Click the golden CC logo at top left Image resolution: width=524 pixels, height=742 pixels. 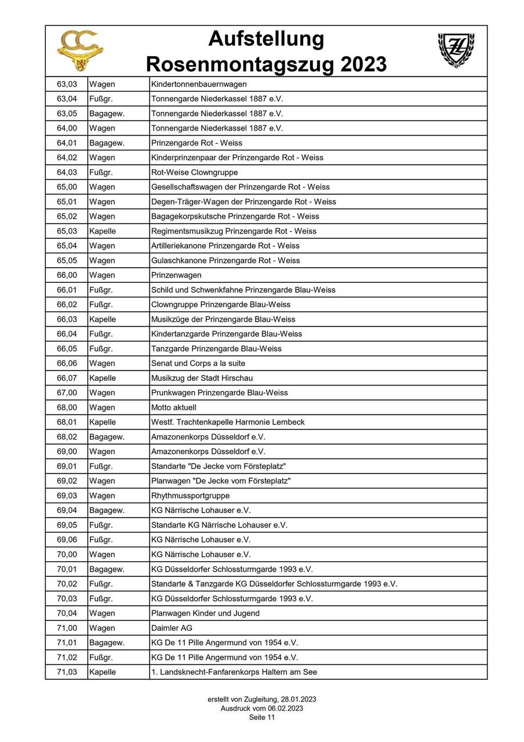coord(80,50)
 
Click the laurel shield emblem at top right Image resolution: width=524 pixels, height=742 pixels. coord(455,50)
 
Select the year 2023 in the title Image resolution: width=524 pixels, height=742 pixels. coord(361,63)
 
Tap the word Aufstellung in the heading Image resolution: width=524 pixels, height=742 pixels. coord(266,39)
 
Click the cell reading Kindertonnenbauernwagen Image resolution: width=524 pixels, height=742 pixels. coord(199,84)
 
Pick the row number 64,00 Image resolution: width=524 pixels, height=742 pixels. coord(66,128)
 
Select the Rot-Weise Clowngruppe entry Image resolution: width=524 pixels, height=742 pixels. coord(194,172)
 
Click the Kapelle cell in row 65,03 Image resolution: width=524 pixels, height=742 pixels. coord(103,231)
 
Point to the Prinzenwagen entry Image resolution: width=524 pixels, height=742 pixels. coord(176,275)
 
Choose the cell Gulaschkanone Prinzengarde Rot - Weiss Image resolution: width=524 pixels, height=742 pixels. coord(225,260)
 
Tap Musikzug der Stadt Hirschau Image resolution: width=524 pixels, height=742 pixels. coord(202,378)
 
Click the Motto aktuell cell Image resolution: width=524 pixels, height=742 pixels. coord(174,408)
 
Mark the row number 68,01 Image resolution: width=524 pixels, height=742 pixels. coord(66,422)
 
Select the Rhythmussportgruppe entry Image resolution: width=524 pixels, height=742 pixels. coord(190,496)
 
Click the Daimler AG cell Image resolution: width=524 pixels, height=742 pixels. coord(172,628)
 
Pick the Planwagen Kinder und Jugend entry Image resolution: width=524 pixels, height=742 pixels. coord(205,613)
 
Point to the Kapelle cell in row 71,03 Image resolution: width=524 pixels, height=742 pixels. coord(103,672)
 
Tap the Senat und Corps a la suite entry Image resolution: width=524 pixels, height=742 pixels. coord(198,363)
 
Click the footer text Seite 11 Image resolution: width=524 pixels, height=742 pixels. coord(262,717)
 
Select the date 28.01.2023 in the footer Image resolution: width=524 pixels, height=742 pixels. coord(296,700)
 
